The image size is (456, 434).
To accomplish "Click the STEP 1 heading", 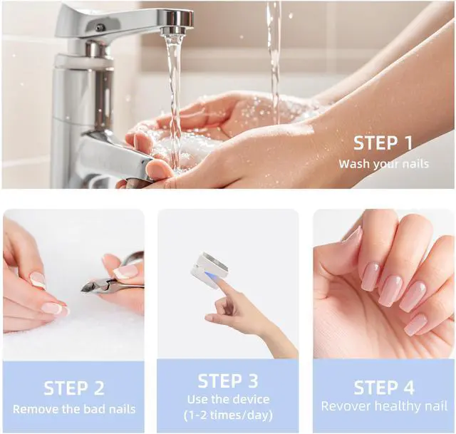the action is (x=383, y=143).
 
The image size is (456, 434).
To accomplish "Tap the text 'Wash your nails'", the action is (x=383, y=164).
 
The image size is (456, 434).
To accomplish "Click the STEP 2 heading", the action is (x=74, y=388).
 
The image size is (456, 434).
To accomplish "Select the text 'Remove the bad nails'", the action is (x=74, y=409).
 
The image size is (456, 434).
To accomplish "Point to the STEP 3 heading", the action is (x=228, y=381).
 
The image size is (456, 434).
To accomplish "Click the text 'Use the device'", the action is (x=228, y=399).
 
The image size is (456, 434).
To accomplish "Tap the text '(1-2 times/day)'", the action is (x=228, y=415).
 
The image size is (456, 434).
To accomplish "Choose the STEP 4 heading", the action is (x=384, y=388).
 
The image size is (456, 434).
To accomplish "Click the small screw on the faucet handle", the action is (x=100, y=27).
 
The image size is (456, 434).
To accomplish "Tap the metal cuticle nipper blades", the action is (x=93, y=285).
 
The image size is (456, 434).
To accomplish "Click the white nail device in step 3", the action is (x=210, y=271).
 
